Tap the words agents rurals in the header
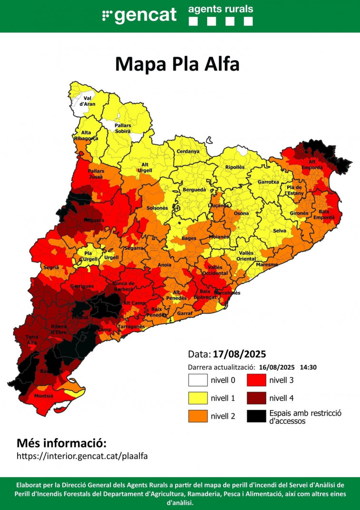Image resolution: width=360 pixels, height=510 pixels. (x=220, y=9)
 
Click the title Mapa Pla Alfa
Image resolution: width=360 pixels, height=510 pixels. (x=177, y=63)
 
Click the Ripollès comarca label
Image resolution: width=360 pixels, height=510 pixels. (x=234, y=167)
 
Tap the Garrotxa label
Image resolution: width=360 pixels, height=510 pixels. (x=268, y=182)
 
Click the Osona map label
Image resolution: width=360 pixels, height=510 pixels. (x=241, y=213)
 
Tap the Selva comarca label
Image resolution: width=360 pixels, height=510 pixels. (x=279, y=231)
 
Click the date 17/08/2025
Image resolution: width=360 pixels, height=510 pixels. (x=239, y=355)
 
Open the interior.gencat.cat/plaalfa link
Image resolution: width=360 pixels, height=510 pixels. (x=82, y=456)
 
